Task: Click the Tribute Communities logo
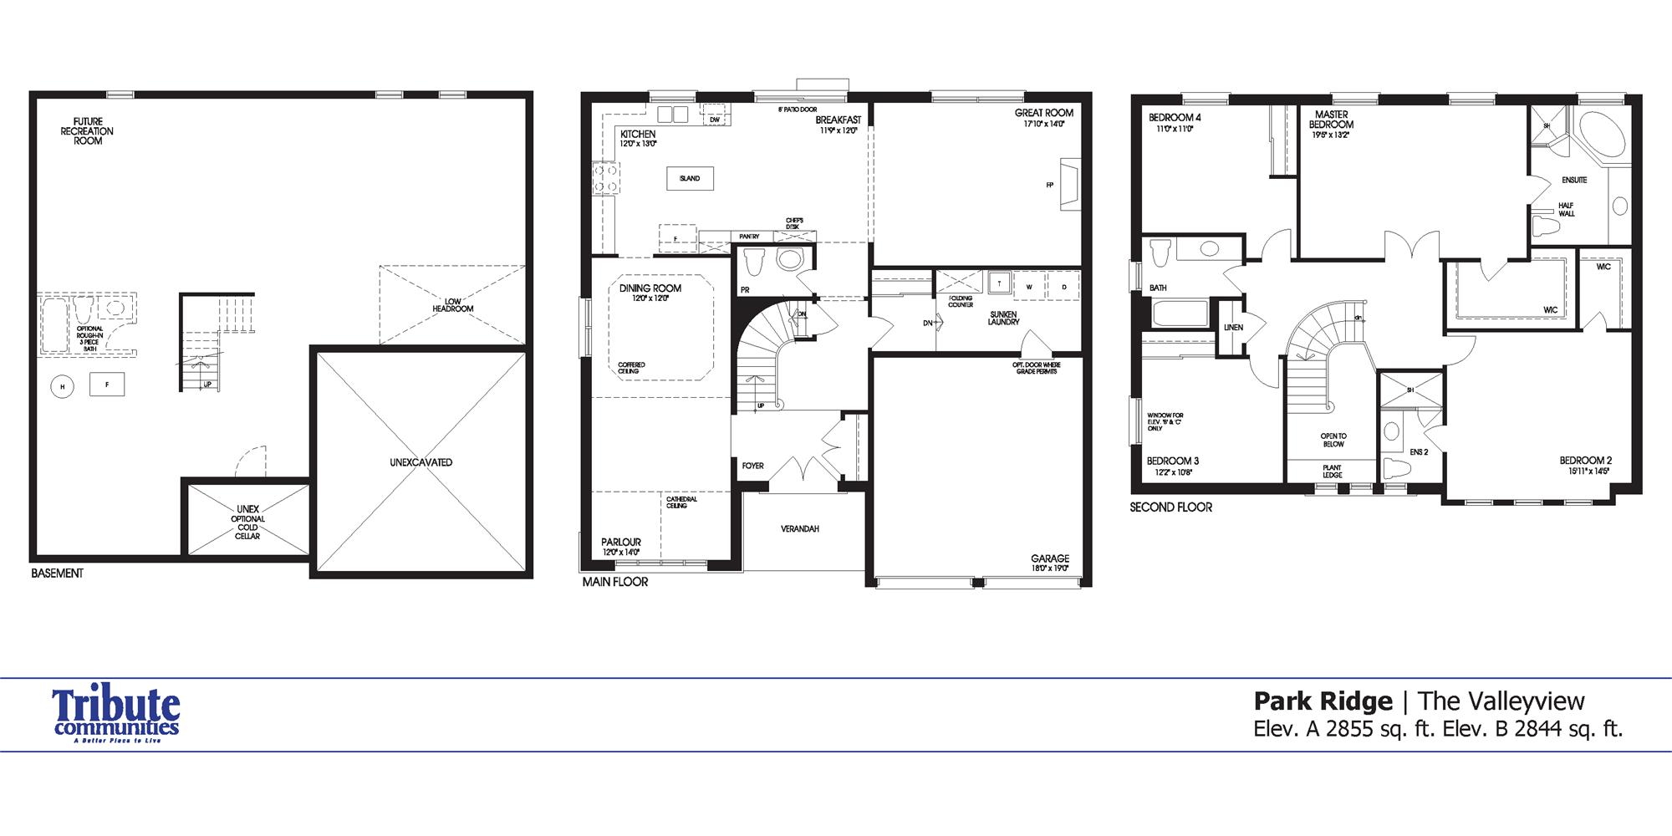(x=115, y=716)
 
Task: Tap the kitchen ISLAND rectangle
(x=690, y=178)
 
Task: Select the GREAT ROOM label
(x=1043, y=113)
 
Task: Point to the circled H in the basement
(x=62, y=386)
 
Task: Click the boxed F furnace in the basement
(x=106, y=385)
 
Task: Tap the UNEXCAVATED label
(x=421, y=462)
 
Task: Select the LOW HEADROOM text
(x=452, y=305)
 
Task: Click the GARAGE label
(x=1049, y=558)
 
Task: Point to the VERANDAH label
(x=800, y=528)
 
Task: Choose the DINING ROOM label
(x=650, y=288)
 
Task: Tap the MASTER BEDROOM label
(x=1331, y=120)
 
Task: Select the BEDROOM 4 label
(x=1175, y=118)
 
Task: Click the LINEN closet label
(x=1233, y=327)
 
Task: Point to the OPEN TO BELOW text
(x=1333, y=440)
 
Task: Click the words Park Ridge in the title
(x=1323, y=701)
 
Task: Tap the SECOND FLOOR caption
(x=1170, y=507)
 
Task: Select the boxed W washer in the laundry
(x=1029, y=287)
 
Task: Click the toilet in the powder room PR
(x=754, y=262)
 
